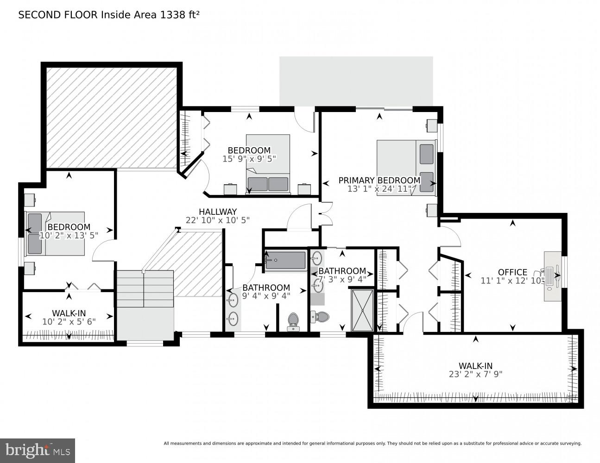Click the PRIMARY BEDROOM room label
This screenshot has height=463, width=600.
(379, 180)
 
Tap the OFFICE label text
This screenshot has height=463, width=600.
(512, 272)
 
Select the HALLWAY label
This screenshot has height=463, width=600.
(218, 212)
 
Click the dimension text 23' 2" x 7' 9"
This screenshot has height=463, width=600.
(475, 374)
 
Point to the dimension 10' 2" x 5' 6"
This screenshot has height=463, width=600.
(69, 321)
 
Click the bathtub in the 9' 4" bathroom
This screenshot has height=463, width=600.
(285, 261)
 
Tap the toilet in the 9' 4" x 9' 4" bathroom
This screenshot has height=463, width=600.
(293, 321)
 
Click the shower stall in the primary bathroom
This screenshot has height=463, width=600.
(362, 310)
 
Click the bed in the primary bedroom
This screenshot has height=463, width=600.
(406, 168)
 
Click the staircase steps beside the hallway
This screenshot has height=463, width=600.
(145, 289)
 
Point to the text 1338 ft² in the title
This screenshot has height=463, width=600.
(180, 15)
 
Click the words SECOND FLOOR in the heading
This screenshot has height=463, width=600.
(57, 15)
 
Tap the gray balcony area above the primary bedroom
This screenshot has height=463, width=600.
(356, 81)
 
